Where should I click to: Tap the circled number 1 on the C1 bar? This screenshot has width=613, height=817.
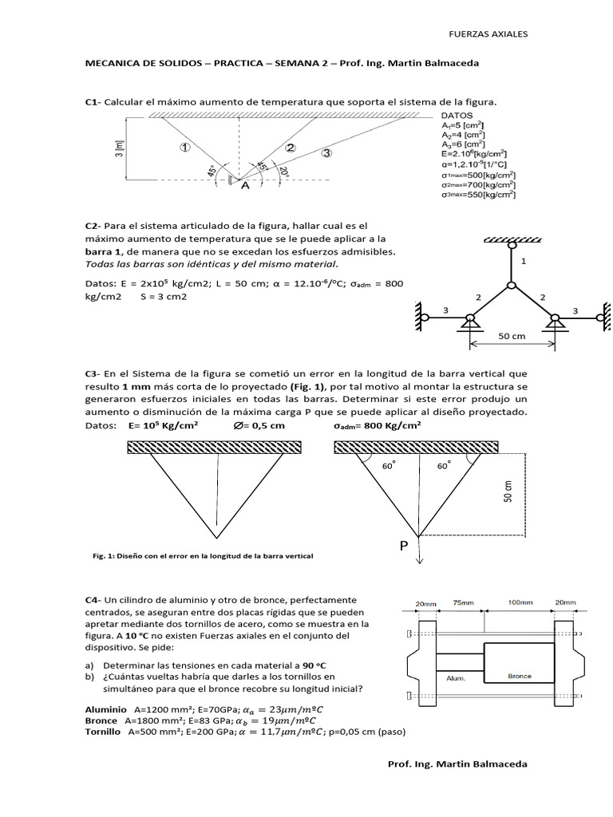point(184,147)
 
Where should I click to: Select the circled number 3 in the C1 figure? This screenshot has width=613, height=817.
point(326,153)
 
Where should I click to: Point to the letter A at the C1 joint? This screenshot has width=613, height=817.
point(245,186)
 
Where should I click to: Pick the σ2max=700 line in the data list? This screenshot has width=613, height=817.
point(477,184)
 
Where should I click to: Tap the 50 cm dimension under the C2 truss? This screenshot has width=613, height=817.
point(512,337)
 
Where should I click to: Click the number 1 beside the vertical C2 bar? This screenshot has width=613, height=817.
point(524,261)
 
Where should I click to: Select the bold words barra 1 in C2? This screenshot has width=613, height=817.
point(105,251)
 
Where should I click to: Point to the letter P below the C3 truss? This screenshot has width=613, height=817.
point(405,547)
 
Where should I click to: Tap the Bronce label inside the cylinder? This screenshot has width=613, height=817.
point(519,675)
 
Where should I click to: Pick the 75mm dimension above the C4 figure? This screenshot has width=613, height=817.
point(461,604)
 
